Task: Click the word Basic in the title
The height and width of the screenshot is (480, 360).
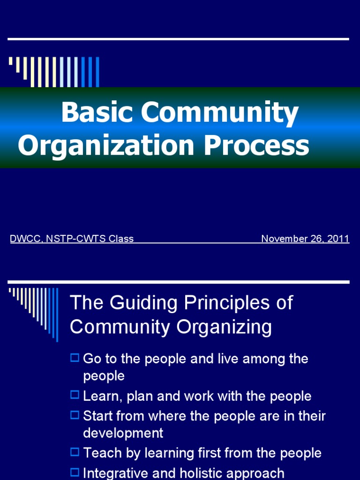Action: pos(97,113)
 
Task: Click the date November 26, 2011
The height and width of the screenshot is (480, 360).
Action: pos(305,239)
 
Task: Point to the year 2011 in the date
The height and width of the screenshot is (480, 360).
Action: pos(339,239)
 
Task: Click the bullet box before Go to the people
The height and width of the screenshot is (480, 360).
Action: pos(75,358)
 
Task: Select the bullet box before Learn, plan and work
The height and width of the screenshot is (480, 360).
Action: pos(75,395)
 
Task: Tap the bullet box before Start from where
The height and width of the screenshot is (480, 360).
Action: pos(75,415)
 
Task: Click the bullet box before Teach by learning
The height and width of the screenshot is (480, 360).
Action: pos(75,452)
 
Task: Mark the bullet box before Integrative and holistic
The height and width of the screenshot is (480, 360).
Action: pos(75,472)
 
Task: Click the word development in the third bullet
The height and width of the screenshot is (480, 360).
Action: pos(123,433)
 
